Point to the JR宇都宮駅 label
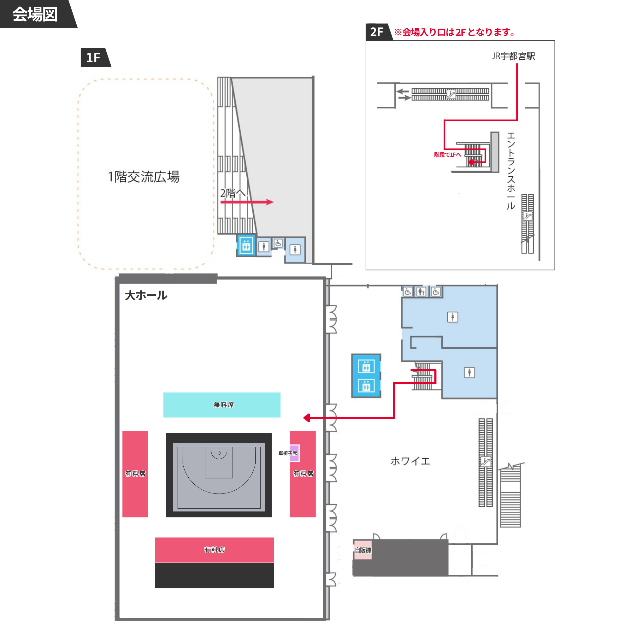[x=513, y=56]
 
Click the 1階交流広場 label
[x=144, y=177]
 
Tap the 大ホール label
[x=146, y=295]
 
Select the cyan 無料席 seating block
[x=222, y=405]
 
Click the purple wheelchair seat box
[x=294, y=453]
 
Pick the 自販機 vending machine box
[x=363, y=550]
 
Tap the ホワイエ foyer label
[x=410, y=461]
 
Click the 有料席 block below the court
[x=214, y=550]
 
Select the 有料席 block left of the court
[x=135, y=474]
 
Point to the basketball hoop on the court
[x=219, y=453]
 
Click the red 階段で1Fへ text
[x=447, y=155]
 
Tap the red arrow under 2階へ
[x=247, y=202]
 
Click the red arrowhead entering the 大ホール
[x=307, y=418]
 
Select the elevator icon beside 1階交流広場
[x=246, y=245]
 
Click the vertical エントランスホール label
[x=511, y=171]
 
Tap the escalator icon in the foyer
[x=485, y=462]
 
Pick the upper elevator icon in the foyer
[x=366, y=366]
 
